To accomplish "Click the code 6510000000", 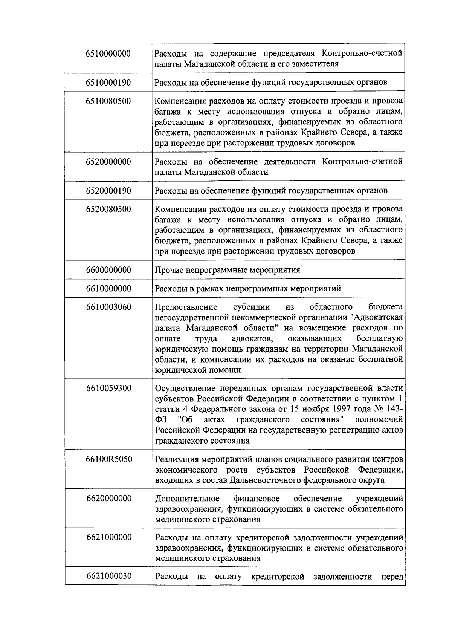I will point(108,54).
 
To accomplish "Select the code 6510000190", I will point(108,83).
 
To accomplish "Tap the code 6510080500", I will point(108,101).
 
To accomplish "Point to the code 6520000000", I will point(108,162).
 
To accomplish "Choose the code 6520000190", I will point(108,191).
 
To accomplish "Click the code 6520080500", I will point(108,210).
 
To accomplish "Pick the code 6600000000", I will point(108,270).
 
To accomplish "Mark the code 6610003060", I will point(108,307).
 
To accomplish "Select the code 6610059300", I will point(108,388).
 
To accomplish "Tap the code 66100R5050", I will point(108,459).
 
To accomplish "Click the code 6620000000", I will point(108,499).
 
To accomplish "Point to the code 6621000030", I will point(108,576).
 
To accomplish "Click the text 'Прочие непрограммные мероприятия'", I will point(228,270).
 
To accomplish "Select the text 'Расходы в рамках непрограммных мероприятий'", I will point(248,289).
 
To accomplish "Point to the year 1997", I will point(339,409).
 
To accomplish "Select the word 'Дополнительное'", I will point(187,499).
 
